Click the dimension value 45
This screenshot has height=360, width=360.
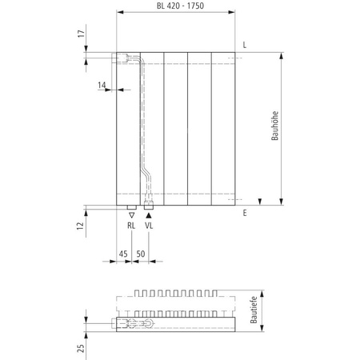[x=123, y=254]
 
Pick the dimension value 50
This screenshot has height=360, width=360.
[x=141, y=254]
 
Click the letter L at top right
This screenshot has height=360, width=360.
[x=245, y=45]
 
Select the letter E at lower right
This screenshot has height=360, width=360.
[x=245, y=213]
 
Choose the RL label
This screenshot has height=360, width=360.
[x=131, y=226]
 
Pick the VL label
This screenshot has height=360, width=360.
[x=149, y=226]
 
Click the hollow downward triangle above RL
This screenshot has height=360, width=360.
[x=131, y=215]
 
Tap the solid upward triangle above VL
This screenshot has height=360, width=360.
[x=149, y=215]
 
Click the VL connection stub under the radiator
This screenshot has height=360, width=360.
[x=149, y=206]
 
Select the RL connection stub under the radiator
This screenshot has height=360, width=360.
[x=131, y=206]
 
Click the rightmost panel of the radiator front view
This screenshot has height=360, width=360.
[x=223, y=128]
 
